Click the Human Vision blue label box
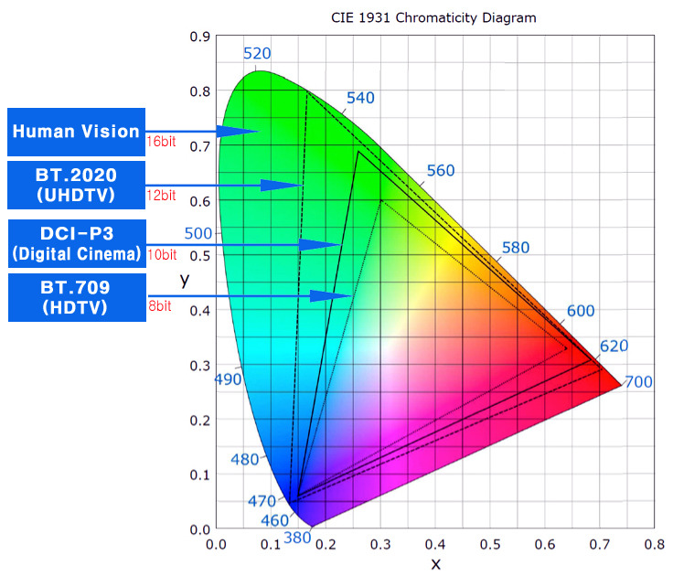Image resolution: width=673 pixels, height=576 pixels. [76, 132]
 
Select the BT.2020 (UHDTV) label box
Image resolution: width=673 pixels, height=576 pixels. [76, 184]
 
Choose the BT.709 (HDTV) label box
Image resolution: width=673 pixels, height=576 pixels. [76, 297]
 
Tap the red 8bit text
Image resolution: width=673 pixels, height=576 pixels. [159, 306]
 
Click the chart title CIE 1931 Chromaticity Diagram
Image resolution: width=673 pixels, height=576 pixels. [433, 17]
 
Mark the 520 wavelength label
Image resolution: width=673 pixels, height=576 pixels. [258, 54]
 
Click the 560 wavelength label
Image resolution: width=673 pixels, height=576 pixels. [441, 171]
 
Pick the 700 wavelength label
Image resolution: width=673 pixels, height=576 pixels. [638, 381]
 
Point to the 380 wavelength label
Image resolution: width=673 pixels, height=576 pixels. [297, 539]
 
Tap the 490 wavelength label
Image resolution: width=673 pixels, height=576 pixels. [227, 379]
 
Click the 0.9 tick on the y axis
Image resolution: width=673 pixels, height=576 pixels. [198, 37]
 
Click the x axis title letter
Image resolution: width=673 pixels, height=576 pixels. [435, 563]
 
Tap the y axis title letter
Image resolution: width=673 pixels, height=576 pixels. [184, 281]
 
